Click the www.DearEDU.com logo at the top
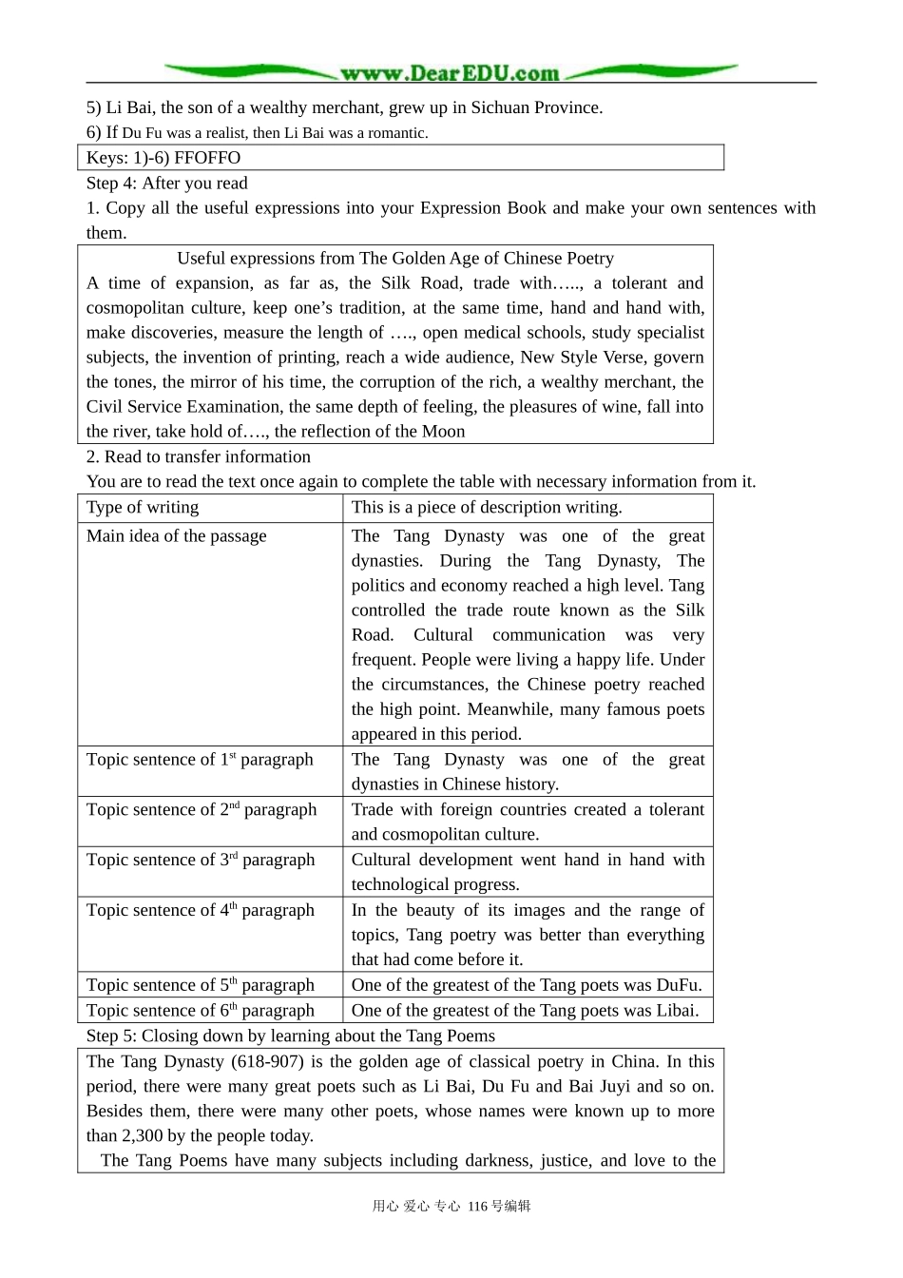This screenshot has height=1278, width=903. click(x=450, y=73)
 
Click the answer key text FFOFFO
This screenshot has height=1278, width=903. click(x=207, y=158)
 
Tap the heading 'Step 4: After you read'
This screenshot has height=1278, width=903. click(x=167, y=184)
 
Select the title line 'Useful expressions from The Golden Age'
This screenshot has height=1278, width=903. click(x=395, y=259)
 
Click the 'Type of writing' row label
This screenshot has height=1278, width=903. click(x=143, y=508)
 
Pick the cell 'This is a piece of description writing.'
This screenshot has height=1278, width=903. click(x=487, y=508)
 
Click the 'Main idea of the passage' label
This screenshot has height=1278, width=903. click(x=177, y=536)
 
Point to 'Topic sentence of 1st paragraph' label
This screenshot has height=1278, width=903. click(x=200, y=760)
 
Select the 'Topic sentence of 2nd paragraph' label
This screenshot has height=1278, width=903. click(x=202, y=810)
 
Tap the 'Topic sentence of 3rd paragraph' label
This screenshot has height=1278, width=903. click(x=201, y=861)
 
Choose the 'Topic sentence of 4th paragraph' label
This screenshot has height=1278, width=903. click(x=201, y=911)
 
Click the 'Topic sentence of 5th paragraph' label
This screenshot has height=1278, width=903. click(x=201, y=985)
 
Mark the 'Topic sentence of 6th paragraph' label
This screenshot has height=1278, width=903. click(x=201, y=1011)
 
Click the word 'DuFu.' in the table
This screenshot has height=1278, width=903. click(x=680, y=985)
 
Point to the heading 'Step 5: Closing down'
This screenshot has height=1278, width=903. click(x=291, y=1036)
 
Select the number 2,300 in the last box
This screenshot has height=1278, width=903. click(x=140, y=1136)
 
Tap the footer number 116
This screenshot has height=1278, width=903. click(x=477, y=1207)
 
